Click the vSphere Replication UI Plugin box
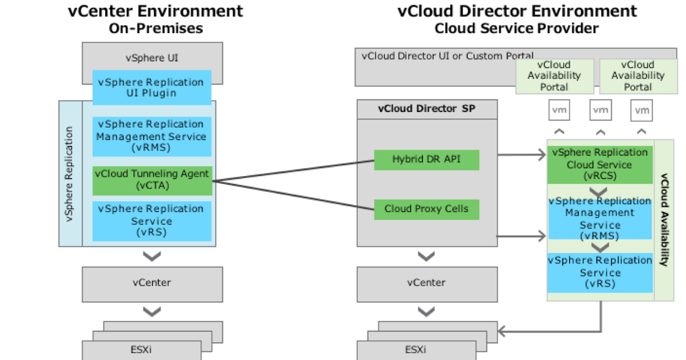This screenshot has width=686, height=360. [152, 87]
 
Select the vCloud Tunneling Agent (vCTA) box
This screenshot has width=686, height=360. [152, 179]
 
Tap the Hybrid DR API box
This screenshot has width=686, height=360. [426, 159]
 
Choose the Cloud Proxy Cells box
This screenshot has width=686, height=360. [426, 209]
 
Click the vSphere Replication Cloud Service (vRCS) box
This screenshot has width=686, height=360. [600, 165]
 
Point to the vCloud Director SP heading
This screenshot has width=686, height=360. [426, 109]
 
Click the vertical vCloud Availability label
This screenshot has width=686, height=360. [664, 219]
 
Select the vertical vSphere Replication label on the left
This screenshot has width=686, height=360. [70, 174]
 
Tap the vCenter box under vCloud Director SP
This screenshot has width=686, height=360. [426, 283]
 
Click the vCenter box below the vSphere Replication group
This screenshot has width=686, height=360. [152, 283]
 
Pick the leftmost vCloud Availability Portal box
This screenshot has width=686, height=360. [555, 76]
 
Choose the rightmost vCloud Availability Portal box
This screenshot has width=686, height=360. [638, 76]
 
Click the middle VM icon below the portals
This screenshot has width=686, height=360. [600, 110]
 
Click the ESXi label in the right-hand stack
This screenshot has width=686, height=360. [415, 350]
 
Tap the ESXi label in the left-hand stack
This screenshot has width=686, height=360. [141, 350]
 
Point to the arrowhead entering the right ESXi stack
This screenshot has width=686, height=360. [502, 331]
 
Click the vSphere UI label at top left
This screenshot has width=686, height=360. [152, 58]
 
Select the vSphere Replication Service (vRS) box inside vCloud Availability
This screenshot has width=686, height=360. [600, 273]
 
